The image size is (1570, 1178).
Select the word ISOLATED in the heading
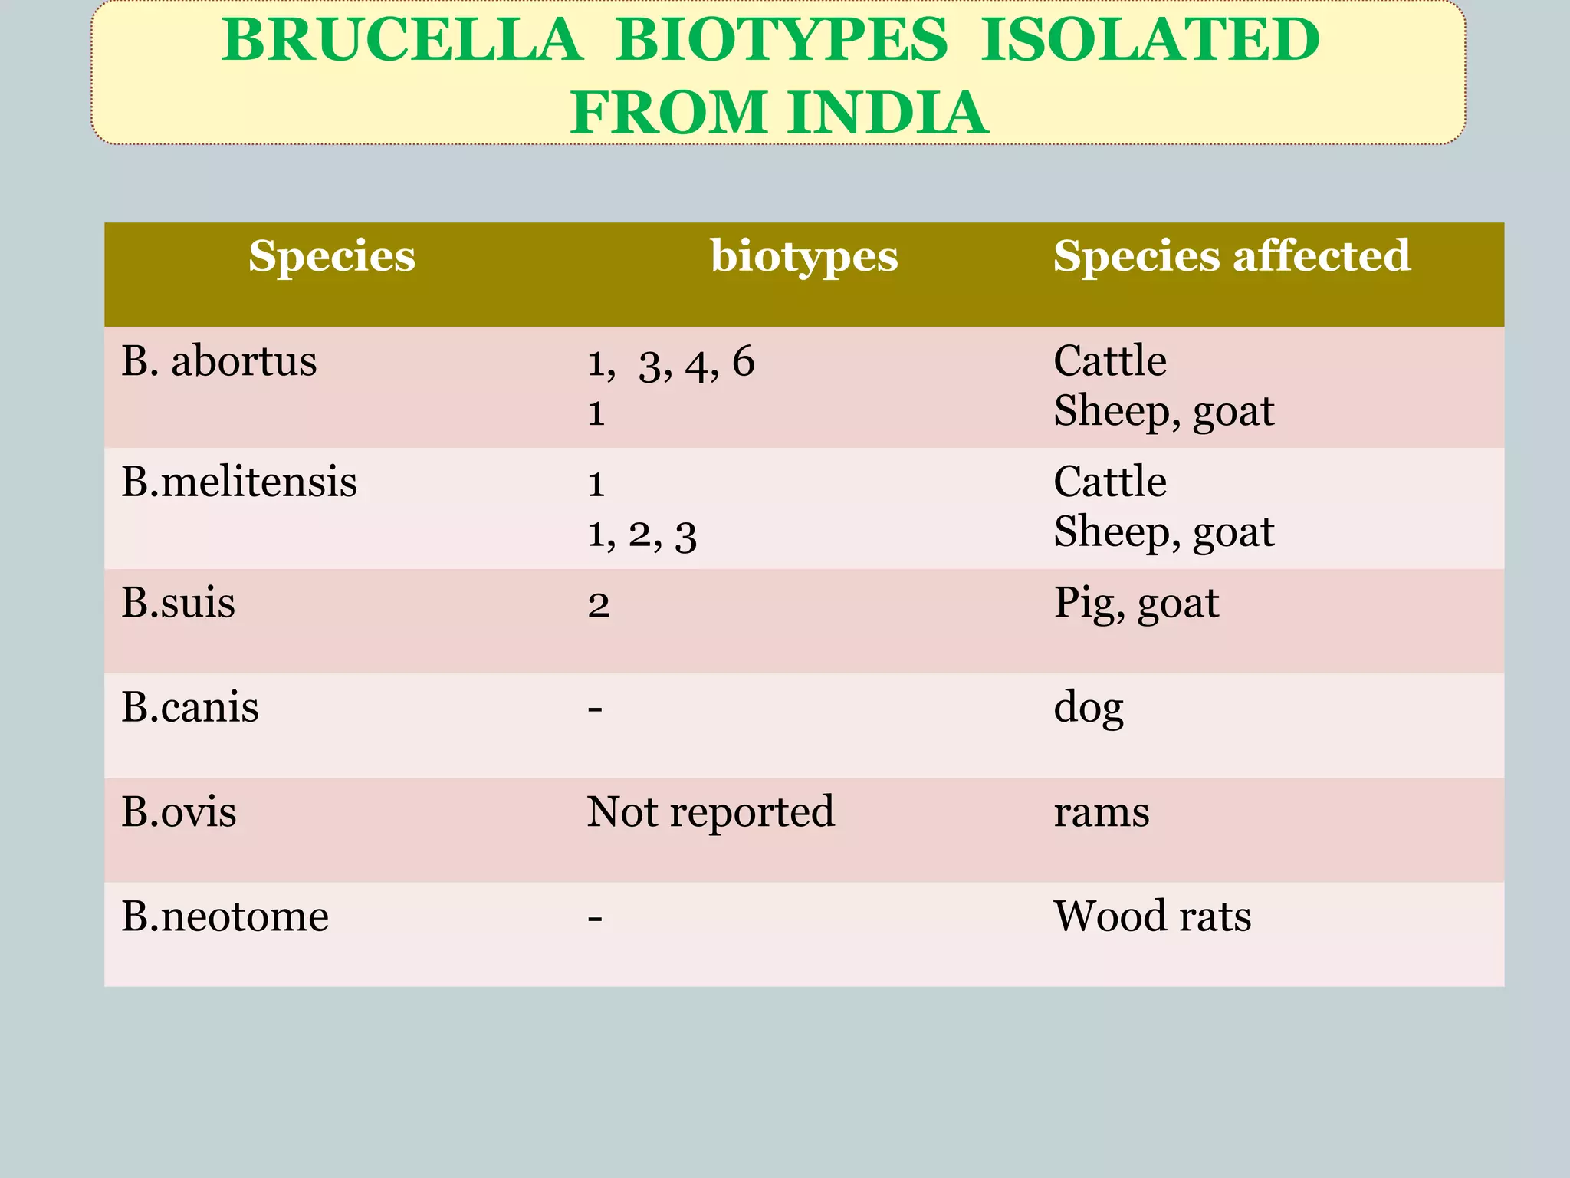(x=1150, y=40)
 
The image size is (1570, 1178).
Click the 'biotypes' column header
(x=803, y=256)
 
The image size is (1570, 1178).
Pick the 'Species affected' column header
(x=1231, y=256)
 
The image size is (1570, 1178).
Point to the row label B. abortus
(x=218, y=361)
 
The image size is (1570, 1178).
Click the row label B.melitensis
(x=239, y=482)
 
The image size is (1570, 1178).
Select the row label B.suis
(x=178, y=603)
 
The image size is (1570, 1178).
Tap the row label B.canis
(x=189, y=707)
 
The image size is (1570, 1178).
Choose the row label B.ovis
(x=179, y=812)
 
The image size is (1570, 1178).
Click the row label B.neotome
(x=225, y=916)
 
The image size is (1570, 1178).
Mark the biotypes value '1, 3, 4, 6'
(x=671, y=363)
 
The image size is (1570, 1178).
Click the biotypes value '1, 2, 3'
(x=642, y=534)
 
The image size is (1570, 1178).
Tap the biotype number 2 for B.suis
(x=599, y=605)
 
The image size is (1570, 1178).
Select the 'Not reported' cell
(x=710, y=812)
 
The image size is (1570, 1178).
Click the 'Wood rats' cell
(x=1151, y=916)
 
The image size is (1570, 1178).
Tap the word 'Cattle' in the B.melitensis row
(x=1109, y=482)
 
